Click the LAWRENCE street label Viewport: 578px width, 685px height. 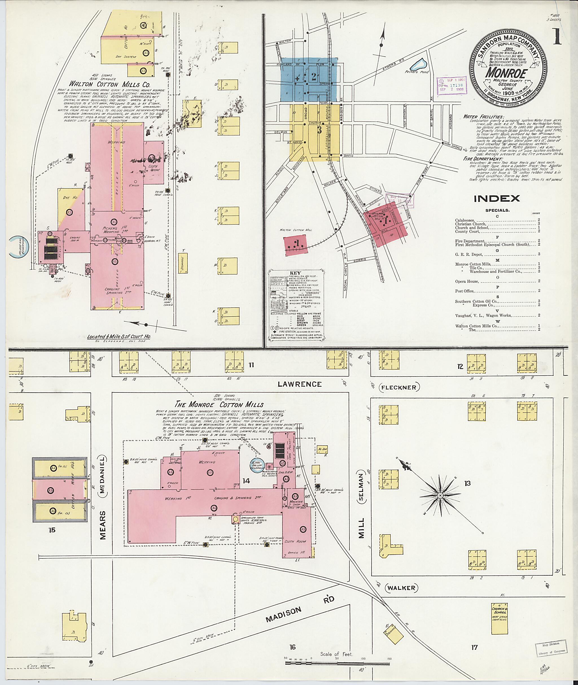click(299, 384)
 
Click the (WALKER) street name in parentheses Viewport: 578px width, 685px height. click(402, 588)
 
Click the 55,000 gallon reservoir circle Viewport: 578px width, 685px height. click(257, 466)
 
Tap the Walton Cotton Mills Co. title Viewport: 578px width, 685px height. click(109, 83)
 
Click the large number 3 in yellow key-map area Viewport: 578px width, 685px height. click(319, 130)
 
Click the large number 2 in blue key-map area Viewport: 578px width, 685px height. click(314, 77)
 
